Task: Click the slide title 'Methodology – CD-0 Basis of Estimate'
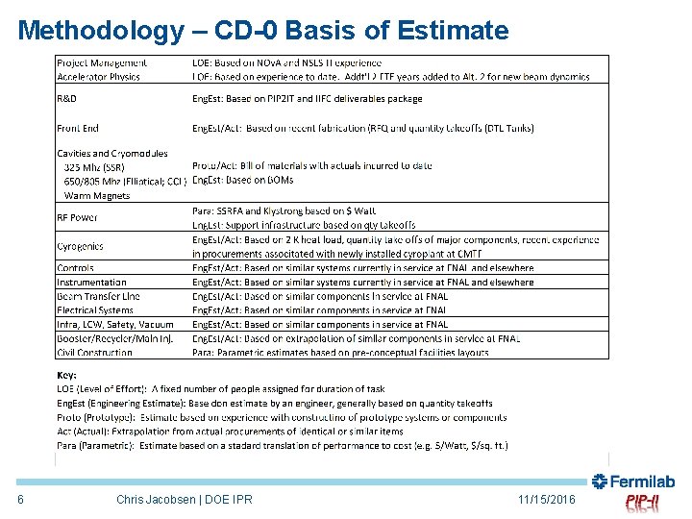coord(262,30)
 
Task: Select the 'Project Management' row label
coord(102,63)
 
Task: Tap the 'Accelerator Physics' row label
coord(98,77)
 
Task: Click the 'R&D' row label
coord(68,99)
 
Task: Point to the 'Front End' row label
coord(78,128)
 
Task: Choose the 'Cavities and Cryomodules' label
coord(111,154)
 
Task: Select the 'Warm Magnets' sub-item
coord(97,195)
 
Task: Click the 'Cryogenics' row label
coord(80,247)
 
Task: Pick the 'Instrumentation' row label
coord(91,283)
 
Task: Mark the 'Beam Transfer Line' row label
coord(98,296)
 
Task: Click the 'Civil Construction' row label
coord(94,353)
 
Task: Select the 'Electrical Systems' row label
coord(95,310)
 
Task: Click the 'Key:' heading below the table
coord(66,376)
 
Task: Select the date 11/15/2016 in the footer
coord(546,500)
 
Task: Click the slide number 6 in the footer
coord(20,500)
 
